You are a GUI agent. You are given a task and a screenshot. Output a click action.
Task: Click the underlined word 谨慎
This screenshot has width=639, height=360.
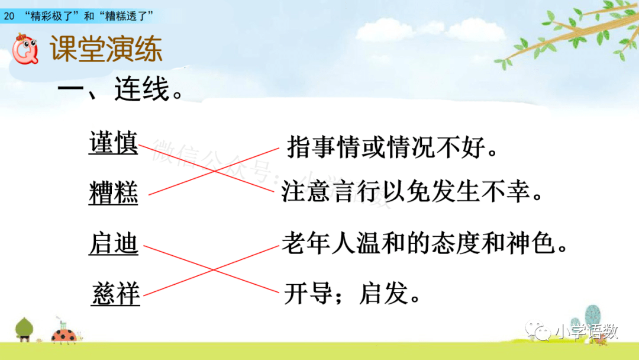tap(113, 143)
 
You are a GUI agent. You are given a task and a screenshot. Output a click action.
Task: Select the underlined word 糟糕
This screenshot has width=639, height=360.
tap(113, 192)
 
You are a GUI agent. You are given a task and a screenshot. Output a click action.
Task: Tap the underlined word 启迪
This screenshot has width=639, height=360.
tap(113, 243)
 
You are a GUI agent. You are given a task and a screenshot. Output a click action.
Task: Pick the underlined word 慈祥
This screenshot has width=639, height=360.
tap(116, 294)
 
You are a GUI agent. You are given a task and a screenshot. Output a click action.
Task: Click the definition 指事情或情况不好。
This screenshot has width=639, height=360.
tap(392, 146)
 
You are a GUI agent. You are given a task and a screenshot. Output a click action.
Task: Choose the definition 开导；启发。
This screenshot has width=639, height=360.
tap(351, 293)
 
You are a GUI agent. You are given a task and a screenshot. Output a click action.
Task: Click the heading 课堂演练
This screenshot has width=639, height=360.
tap(106, 49)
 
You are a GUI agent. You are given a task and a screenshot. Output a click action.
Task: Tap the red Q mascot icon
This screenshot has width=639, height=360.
tap(25, 49)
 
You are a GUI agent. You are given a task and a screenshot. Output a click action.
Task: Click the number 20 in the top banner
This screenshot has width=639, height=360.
tap(9, 17)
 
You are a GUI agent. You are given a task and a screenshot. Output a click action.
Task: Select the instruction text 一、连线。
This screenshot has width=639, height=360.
tap(121, 88)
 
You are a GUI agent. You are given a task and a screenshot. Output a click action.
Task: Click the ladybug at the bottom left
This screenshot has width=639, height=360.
tap(64, 335)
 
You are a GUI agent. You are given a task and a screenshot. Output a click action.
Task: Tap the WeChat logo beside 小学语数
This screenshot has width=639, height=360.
tap(538, 330)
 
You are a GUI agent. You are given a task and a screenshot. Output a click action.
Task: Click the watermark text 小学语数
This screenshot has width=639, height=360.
tap(586, 332)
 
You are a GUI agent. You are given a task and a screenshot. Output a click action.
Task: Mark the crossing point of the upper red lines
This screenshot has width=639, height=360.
tap(214, 171)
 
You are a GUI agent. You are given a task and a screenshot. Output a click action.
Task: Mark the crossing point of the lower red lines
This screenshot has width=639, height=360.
tap(212, 269)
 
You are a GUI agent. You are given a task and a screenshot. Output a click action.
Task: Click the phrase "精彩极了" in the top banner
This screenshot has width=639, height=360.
tap(52, 16)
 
